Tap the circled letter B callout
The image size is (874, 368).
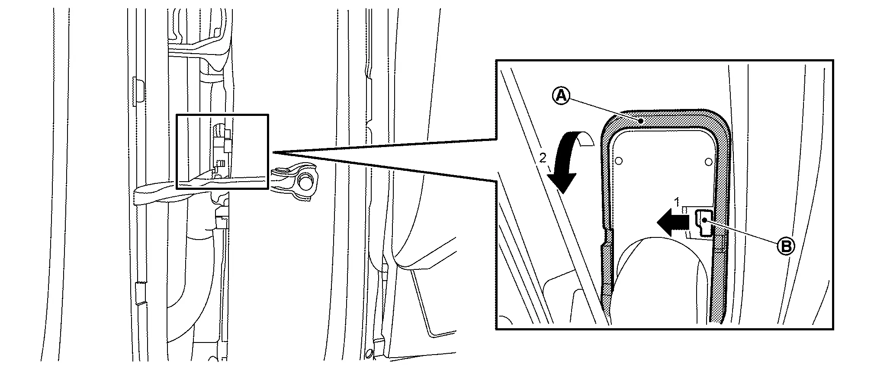point(786,246)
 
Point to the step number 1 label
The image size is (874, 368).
point(678,202)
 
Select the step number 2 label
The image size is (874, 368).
point(543,158)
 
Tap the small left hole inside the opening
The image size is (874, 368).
point(619,161)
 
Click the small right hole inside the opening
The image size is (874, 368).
point(708,162)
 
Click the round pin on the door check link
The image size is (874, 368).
point(306,181)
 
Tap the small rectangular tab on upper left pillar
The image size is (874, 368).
point(139,92)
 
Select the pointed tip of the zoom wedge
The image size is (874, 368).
point(273,153)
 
